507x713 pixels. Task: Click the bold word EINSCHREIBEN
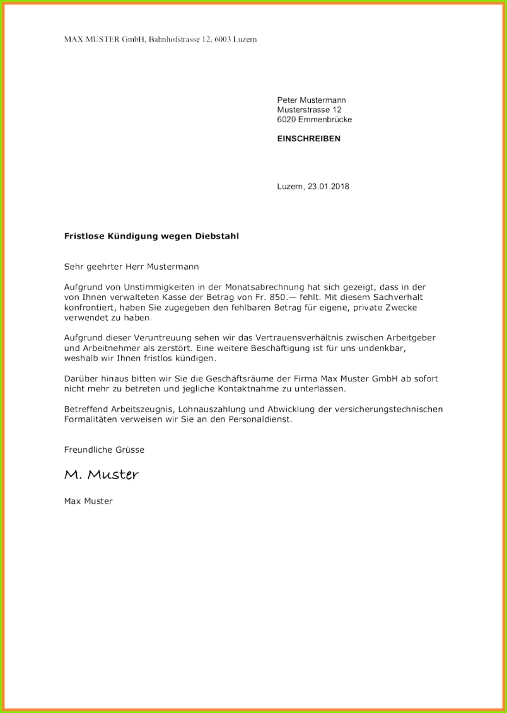308,139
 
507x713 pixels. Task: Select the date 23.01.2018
329,187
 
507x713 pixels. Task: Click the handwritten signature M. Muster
101,475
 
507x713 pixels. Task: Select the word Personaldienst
260,419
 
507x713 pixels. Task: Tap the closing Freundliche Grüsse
104,449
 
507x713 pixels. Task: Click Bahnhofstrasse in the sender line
172,39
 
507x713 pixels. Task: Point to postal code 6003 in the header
221,39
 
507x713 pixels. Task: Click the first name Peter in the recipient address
288,100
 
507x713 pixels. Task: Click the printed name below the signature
88,501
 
